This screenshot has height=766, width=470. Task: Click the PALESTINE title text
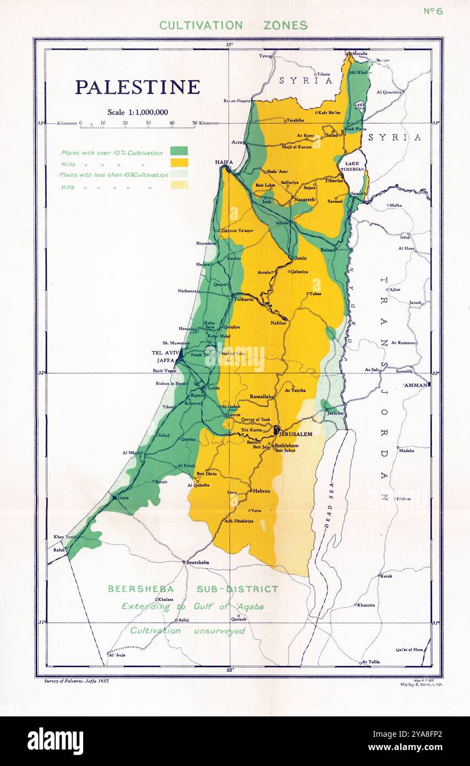pos(137,87)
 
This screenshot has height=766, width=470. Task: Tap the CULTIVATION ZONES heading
pos(233,25)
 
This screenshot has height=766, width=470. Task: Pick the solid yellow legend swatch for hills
pos(179,163)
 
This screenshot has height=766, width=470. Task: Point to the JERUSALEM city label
pos(296,434)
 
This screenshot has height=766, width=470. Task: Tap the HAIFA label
pos(224,162)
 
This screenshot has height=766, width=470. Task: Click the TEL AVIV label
pos(163,353)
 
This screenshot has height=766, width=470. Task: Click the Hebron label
pos(262,490)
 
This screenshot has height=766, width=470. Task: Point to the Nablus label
pos(278,323)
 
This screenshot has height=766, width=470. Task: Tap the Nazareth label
pos(304,199)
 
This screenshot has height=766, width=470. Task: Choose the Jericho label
pos(335,413)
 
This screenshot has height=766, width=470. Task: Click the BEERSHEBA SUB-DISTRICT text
pos(193,589)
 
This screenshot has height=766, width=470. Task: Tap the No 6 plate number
pos(433,11)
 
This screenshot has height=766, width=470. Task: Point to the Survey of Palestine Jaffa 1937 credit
pos(77,681)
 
